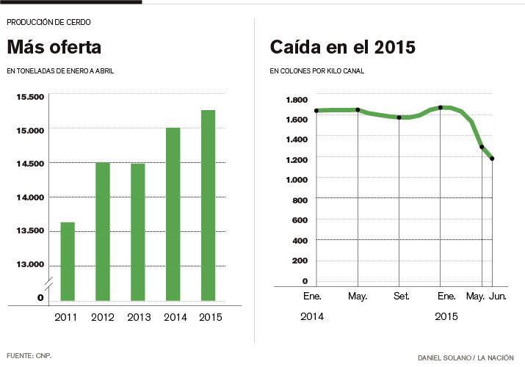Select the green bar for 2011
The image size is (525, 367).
coord(67,261)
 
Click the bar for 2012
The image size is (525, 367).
coord(102,231)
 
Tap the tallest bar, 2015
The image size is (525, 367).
coord(208,206)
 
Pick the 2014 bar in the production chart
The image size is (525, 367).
coord(173,214)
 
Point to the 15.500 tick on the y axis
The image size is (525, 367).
coord(30,96)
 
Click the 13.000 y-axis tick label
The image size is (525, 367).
coord(30,264)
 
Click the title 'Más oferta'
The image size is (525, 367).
coord(54,48)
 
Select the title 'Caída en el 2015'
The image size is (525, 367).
coord(343,48)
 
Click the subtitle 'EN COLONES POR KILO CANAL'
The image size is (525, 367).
coord(317,71)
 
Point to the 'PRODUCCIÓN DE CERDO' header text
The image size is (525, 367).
coord(48,22)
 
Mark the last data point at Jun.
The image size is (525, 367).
coord(492,159)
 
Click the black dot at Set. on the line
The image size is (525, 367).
coord(399,117)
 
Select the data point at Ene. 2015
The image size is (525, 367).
coord(440,108)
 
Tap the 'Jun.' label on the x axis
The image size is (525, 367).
coord(497,296)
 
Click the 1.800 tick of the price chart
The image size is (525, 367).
coord(297,100)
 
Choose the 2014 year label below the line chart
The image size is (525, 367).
coord(312,316)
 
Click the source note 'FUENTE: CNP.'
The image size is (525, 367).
coord(29,356)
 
